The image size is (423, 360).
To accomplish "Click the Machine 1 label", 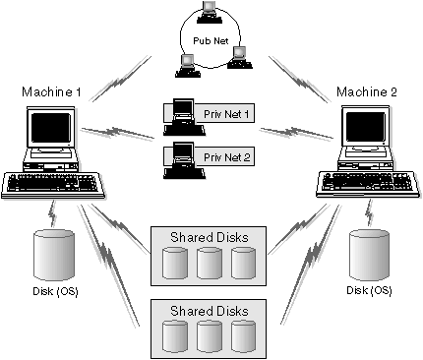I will coord(51,92).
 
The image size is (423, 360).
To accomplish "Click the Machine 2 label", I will coord(366,92).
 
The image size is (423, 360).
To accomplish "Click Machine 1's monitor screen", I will coord(49,130).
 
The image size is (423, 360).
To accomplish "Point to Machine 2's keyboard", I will coord(364,183).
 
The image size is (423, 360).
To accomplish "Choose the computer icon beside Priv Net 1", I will coord(182,114).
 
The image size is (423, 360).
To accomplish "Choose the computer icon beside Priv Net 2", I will coord(182,156).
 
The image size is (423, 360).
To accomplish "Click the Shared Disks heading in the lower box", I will coord(210,310).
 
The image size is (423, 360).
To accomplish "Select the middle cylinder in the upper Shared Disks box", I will coord(209,263).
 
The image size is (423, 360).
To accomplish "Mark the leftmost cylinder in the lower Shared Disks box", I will coord(174,336).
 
